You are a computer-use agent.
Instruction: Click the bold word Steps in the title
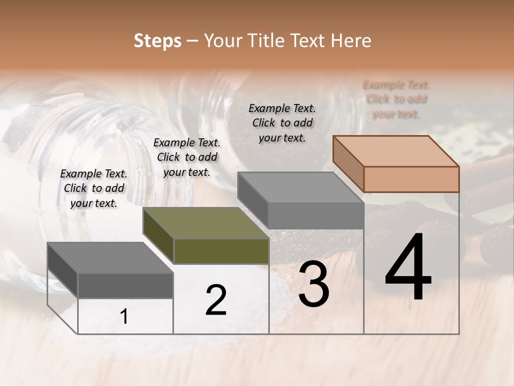157,41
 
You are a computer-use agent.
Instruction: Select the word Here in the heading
351,41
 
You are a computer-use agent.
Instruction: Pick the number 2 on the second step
216,300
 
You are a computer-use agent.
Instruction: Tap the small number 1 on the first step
124,317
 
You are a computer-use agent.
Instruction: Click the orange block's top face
396,151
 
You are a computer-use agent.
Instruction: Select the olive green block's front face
222,251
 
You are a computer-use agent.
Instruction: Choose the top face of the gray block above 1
110,258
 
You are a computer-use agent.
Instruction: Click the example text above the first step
94,189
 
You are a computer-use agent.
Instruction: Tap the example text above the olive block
187,157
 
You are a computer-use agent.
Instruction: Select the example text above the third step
282,123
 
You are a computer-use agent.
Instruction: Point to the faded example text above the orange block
396,99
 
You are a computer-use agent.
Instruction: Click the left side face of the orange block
348,164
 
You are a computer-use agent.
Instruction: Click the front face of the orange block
411,179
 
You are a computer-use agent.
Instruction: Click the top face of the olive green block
206,223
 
